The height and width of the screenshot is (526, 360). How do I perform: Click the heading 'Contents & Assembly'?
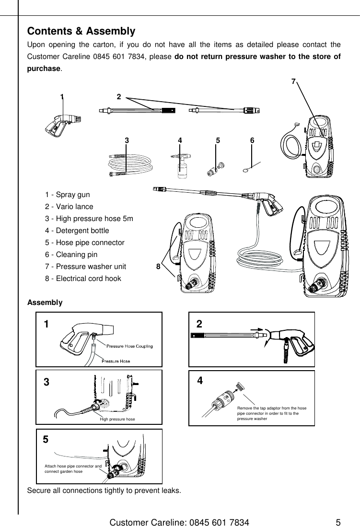[81, 32]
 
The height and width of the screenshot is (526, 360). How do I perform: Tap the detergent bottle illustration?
[181, 166]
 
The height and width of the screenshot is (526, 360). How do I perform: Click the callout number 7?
[293, 82]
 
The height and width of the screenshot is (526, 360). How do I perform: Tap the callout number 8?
[158, 267]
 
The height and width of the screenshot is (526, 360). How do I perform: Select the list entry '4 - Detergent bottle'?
[77, 231]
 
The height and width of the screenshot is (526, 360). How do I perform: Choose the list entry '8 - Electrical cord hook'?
[83, 279]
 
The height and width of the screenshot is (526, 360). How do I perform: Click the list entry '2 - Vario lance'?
[69, 207]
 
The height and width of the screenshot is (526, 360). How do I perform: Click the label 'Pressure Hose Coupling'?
[129, 346]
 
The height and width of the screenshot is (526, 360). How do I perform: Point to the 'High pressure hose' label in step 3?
[117, 419]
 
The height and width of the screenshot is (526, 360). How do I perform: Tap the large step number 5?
[46, 439]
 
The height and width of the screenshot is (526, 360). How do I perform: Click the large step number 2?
[199, 324]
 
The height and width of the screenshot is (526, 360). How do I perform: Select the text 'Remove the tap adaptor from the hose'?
[271, 408]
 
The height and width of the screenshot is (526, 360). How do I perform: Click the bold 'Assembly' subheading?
[45, 303]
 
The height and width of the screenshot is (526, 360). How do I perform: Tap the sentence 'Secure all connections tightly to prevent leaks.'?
[104, 491]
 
